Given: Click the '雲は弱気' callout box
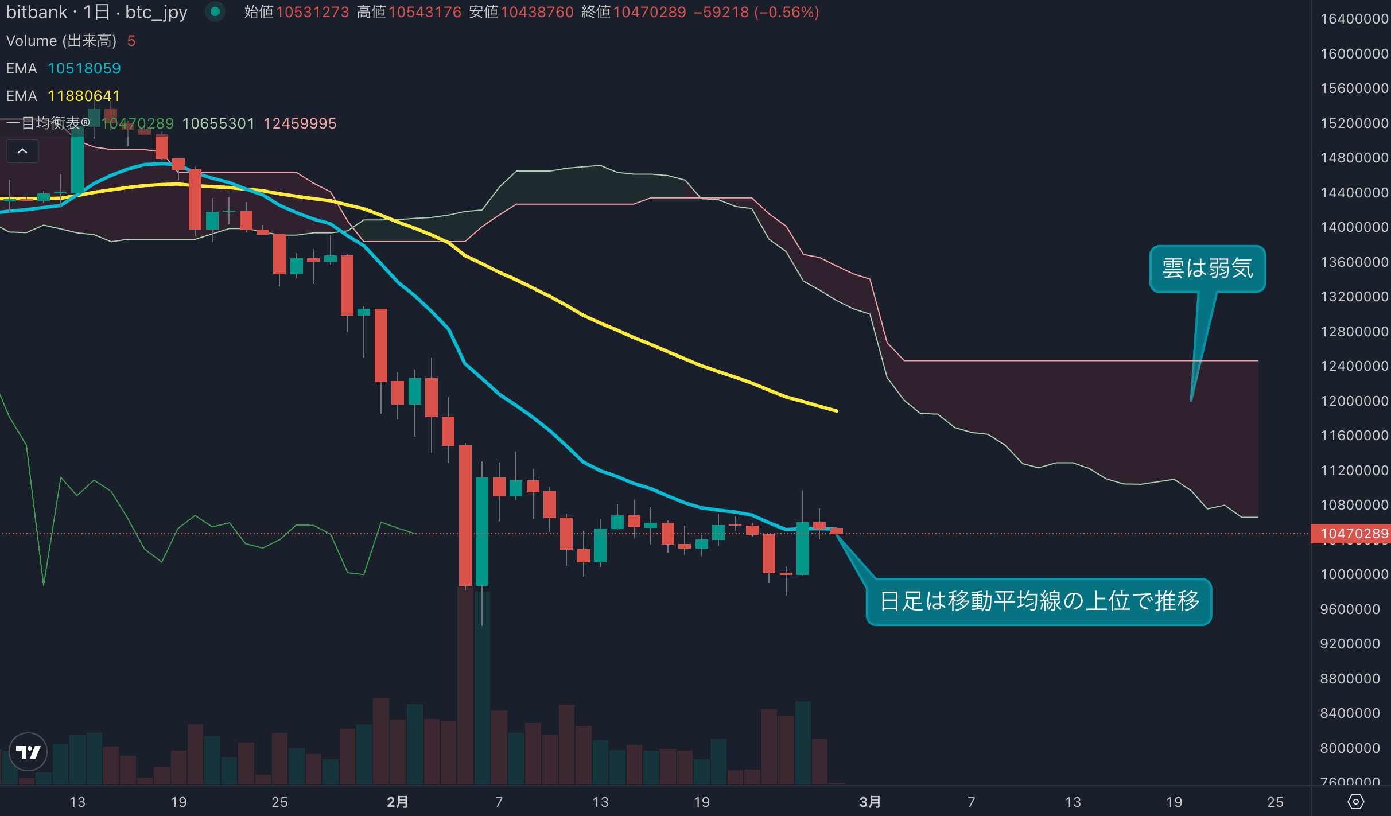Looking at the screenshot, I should (x=1207, y=269).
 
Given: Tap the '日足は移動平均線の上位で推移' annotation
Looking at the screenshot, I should (x=1039, y=601).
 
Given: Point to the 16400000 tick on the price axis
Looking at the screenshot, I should (x=1354, y=19).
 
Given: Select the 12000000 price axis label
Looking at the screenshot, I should (x=1354, y=401).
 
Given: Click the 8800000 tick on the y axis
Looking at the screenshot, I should (x=1350, y=679).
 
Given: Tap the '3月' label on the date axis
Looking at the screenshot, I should (x=870, y=802).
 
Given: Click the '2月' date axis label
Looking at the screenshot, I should (x=397, y=802).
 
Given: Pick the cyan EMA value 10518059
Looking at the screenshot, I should (x=84, y=68).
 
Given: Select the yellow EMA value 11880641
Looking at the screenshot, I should (x=84, y=96).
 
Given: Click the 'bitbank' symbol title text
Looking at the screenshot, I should (x=37, y=12).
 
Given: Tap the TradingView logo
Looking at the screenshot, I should (x=28, y=752).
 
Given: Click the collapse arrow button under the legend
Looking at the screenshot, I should (x=22, y=151).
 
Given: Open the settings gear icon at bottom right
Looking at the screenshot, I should (x=1355, y=802).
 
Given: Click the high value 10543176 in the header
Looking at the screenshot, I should (x=425, y=12).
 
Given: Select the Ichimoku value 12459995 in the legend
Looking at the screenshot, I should (x=300, y=123).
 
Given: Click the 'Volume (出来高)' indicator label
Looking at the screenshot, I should (x=61, y=41).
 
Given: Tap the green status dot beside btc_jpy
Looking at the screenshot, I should (x=215, y=11).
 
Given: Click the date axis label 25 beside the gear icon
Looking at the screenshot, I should (x=1275, y=802).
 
